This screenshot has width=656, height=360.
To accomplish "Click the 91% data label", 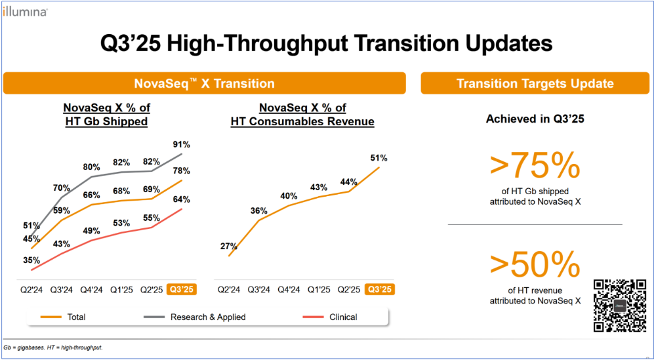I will tap(182, 144).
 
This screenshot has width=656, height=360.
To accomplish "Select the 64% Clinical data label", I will tap(182, 199).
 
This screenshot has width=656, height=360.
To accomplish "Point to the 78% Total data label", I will tap(182, 170).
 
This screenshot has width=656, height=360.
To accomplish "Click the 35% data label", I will tap(31, 260).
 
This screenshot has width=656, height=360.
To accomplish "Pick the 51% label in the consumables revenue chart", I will tap(379, 158).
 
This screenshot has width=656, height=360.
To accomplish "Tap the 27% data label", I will tap(229, 247).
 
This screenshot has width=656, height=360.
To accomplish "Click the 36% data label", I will tap(259, 211).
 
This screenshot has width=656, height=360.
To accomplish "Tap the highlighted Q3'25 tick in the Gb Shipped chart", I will tap(181, 289).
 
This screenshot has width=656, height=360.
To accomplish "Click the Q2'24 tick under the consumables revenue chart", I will tap(229, 289).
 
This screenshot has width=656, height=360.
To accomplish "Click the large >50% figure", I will tap(535, 265).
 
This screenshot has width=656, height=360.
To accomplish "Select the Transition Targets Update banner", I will tap(535, 83).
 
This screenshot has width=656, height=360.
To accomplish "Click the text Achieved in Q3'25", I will tap(535, 119).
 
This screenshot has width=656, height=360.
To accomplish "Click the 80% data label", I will tap(92, 167).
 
